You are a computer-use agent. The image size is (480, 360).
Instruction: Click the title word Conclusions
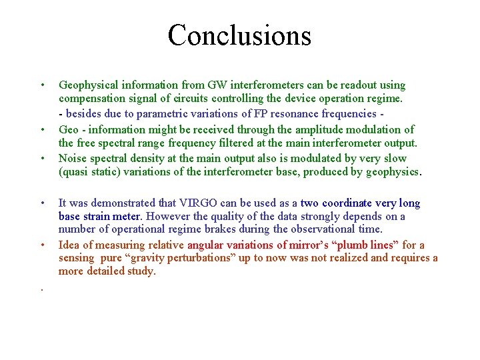point(239,35)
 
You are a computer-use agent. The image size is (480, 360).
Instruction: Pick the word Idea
point(70,245)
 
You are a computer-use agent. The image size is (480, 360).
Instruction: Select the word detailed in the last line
point(105,271)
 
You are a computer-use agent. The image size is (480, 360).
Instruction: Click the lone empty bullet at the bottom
point(41,289)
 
